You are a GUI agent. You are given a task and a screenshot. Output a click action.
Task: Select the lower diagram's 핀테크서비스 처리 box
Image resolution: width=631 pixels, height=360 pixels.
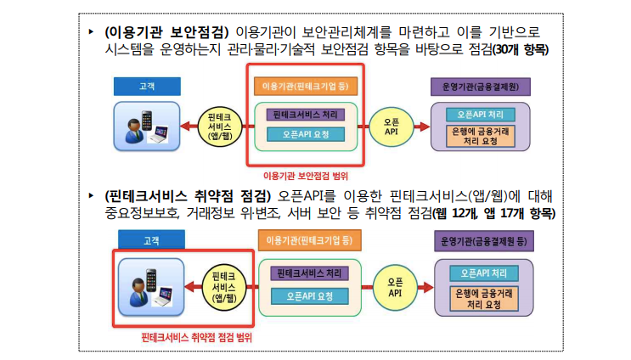(x=307, y=273)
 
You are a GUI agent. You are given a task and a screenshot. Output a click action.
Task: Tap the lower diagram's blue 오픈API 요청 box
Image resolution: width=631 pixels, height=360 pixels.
(x=307, y=295)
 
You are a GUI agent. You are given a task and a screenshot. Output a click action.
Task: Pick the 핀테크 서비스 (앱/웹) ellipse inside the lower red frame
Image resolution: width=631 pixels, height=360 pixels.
(x=223, y=286)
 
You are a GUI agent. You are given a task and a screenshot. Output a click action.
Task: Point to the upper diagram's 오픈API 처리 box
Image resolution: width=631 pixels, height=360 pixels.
(x=481, y=114)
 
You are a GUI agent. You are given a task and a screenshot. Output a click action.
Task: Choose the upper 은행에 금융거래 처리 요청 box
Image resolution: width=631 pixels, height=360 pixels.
(x=481, y=136)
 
